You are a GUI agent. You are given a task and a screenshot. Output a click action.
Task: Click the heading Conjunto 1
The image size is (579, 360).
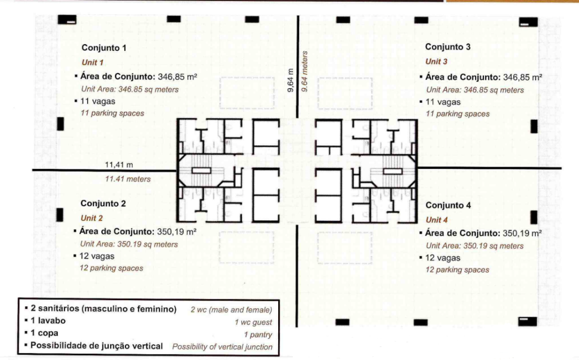pyautogui.click(x=104, y=47)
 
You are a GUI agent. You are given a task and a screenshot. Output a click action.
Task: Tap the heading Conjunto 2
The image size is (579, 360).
pyautogui.click(x=103, y=203)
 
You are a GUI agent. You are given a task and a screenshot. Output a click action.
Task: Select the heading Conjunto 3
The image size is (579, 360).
pyautogui.click(x=448, y=47)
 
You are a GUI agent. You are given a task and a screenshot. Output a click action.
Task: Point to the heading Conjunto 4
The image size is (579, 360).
pyautogui.click(x=448, y=205)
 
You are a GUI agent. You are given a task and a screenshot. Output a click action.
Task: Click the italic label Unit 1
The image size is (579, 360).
pyautogui.click(x=92, y=62)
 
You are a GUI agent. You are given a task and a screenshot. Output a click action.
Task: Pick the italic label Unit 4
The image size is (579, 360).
pyautogui.click(x=437, y=220)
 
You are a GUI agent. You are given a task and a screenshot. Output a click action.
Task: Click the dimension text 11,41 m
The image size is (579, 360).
pyautogui.click(x=119, y=164)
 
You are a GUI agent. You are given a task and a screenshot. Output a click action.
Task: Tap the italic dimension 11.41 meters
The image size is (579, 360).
pyautogui.click(x=128, y=179)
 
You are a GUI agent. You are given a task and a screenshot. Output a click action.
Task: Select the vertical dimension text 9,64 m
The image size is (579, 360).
pyautogui.click(x=291, y=80)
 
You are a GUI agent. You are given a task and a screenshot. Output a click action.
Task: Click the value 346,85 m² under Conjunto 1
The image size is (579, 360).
pyautogui.click(x=177, y=77)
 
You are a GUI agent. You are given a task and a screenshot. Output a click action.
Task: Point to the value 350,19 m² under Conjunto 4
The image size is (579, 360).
pyautogui.click(x=522, y=233)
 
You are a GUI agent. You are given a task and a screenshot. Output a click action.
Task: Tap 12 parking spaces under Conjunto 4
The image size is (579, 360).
pyautogui.click(x=457, y=270)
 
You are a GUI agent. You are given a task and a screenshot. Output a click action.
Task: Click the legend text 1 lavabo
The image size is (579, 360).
pyautogui.click(x=48, y=320)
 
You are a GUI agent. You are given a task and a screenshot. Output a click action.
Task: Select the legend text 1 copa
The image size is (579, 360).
pyautogui.click(x=44, y=333)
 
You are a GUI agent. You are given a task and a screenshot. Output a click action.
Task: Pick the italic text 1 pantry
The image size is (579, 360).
pyautogui.click(x=258, y=335)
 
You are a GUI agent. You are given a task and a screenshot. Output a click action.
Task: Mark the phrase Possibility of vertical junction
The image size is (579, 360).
pyautogui.click(x=222, y=346)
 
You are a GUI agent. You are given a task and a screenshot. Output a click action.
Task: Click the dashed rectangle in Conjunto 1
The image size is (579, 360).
pyautogui.click(x=247, y=93)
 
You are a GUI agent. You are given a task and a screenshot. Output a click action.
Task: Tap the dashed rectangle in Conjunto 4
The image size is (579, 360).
pyautogui.click(x=345, y=248)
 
